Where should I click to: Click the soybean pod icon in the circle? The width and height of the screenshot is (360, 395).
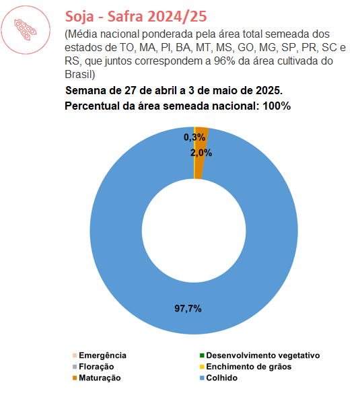[25, 30]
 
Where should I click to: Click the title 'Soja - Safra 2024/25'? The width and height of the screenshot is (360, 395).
[136, 16]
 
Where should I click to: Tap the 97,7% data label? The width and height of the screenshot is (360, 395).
[188, 308]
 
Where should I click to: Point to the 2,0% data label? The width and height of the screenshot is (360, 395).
[201, 153]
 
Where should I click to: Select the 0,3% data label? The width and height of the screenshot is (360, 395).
[194, 137]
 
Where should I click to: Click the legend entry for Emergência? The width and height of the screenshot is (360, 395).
[100, 355]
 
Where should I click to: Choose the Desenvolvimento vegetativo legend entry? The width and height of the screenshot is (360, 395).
[260, 355]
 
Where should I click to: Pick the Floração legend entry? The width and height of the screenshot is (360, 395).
[93, 367]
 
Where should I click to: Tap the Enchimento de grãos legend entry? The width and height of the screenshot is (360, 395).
[246, 367]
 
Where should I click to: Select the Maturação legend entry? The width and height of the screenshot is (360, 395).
[96, 378]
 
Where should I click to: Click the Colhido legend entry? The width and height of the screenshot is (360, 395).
[219, 378]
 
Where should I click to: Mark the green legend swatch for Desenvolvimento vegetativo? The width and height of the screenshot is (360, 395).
[202, 355]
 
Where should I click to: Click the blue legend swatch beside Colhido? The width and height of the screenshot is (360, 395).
[202, 378]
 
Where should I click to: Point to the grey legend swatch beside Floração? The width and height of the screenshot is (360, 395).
[75, 367]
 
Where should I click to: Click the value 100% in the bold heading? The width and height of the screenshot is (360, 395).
[277, 106]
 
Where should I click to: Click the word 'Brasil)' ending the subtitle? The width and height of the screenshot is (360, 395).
[80, 75]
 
